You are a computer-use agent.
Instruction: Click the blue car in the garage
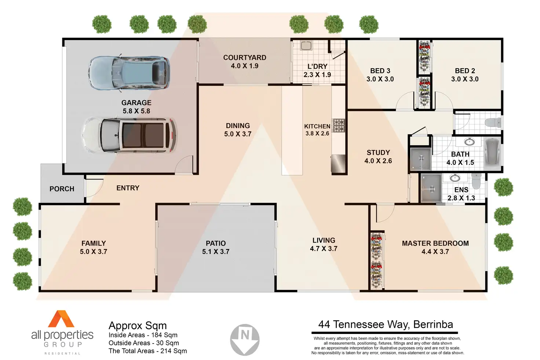[x=129, y=73]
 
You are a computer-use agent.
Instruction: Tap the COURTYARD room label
[x=245, y=58]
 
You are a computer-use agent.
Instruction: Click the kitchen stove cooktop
[x=339, y=126]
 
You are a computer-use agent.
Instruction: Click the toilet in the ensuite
[x=476, y=181]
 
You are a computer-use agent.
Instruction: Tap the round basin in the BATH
[x=469, y=142]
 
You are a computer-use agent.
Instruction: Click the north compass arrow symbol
[x=245, y=339]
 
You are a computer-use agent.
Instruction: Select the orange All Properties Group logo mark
[x=61, y=319]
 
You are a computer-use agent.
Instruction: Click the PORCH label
[x=62, y=189]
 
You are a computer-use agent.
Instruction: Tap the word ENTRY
[x=128, y=188]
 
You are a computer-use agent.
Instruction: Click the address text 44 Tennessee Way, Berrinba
[x=386, y=324]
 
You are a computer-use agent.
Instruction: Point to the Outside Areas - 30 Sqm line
[x=144, y=343]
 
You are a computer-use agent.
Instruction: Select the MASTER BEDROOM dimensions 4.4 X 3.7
[x=435, y=252]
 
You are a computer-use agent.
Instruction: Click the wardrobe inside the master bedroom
[x=376, y=261]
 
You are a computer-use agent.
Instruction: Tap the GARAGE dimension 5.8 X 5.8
[x=136, y=111]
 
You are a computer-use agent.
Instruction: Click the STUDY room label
[x=378, y=153]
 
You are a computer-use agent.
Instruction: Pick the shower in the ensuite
[x=431, y=188]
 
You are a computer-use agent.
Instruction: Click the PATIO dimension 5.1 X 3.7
[x=216, y=252]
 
